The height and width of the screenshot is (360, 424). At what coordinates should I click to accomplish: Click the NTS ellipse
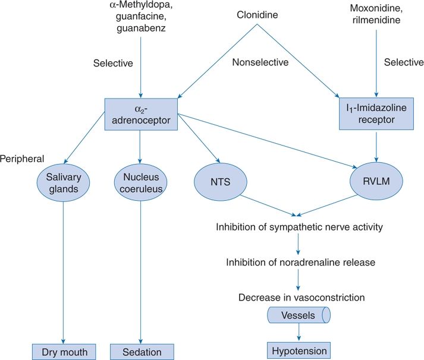pyautogui.click(x=220, y=182)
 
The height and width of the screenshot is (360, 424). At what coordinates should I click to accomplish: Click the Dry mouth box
pyautogui.click(x=64, y=352)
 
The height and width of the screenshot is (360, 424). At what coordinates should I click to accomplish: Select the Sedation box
pyautogui.click(x=142, y=352)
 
